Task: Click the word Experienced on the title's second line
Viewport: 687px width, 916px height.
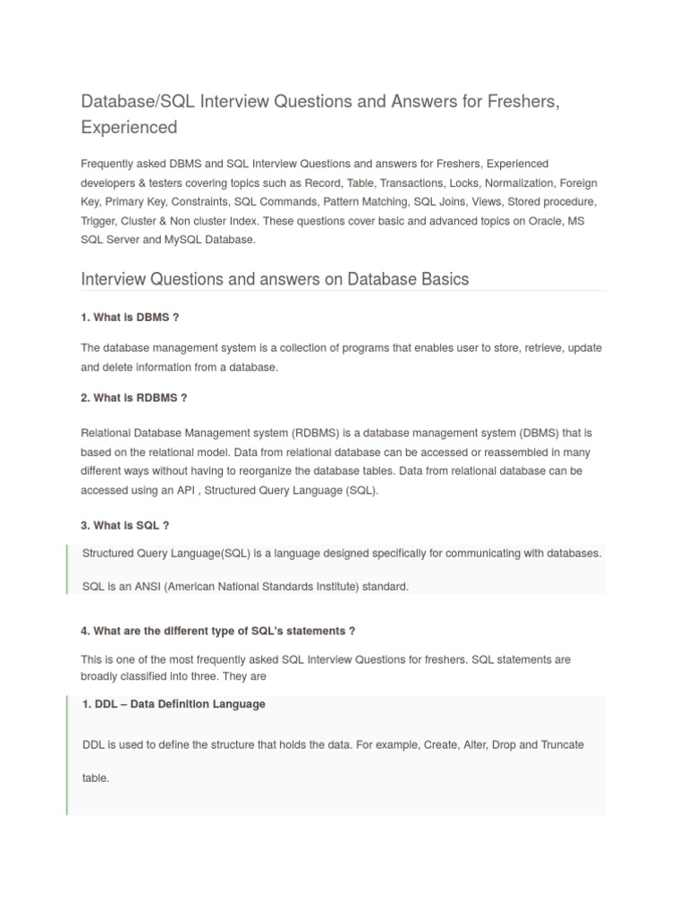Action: (129, 127)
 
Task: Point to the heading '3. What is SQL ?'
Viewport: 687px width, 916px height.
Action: (125, 525)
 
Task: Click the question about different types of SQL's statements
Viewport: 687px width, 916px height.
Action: (217, 631)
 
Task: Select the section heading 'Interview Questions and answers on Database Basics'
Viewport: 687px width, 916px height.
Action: (275, 279)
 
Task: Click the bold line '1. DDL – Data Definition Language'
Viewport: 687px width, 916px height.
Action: (174, 704)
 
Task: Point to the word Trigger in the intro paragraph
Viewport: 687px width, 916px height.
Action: (98, 221)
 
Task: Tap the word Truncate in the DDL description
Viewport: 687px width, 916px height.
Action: (563, 744)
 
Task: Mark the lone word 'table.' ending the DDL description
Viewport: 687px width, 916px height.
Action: (96, 778)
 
